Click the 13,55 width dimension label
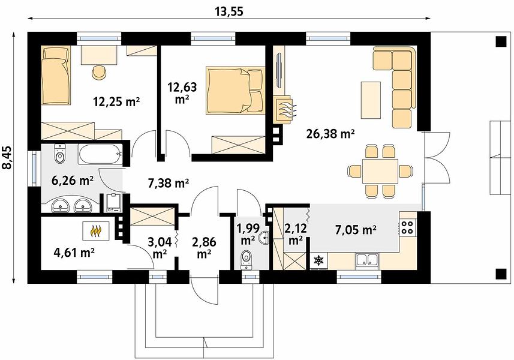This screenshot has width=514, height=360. point(229,11)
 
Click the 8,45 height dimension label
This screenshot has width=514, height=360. point(7,158)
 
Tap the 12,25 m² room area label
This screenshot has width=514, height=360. point(117,102)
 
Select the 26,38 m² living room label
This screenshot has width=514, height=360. point(330,133)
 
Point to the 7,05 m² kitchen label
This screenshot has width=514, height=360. point(355,230)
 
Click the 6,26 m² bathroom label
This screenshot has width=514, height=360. point(73,180)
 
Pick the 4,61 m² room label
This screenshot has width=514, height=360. point(74,253)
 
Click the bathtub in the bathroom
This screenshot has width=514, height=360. point(100,155)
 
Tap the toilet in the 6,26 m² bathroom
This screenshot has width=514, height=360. point(59,154)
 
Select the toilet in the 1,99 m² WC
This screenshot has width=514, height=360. point(246,260)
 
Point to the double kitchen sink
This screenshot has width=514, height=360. point(367,260)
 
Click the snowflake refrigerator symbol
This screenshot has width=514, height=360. point(318,260)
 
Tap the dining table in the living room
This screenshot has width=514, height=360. point(380,171)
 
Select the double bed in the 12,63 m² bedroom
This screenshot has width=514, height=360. point(235,91)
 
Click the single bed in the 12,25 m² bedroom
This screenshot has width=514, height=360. point(56,76)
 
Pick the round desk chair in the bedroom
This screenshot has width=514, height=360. point(99,73)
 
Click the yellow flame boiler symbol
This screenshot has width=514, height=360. point(95,231)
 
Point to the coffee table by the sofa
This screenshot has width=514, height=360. point(371,100)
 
